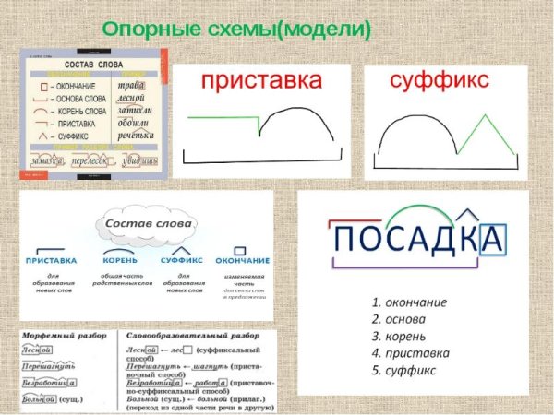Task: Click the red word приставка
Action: pos(261,82)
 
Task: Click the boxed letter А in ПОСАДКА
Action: pos(493,240)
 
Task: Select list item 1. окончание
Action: pos(410,302)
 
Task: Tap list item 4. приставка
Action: pos(411,352)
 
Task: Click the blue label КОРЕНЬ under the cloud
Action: pos(121,261)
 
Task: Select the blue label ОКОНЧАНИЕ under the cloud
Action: pos(242,261)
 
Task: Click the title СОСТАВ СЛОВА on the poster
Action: pos(96,65)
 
